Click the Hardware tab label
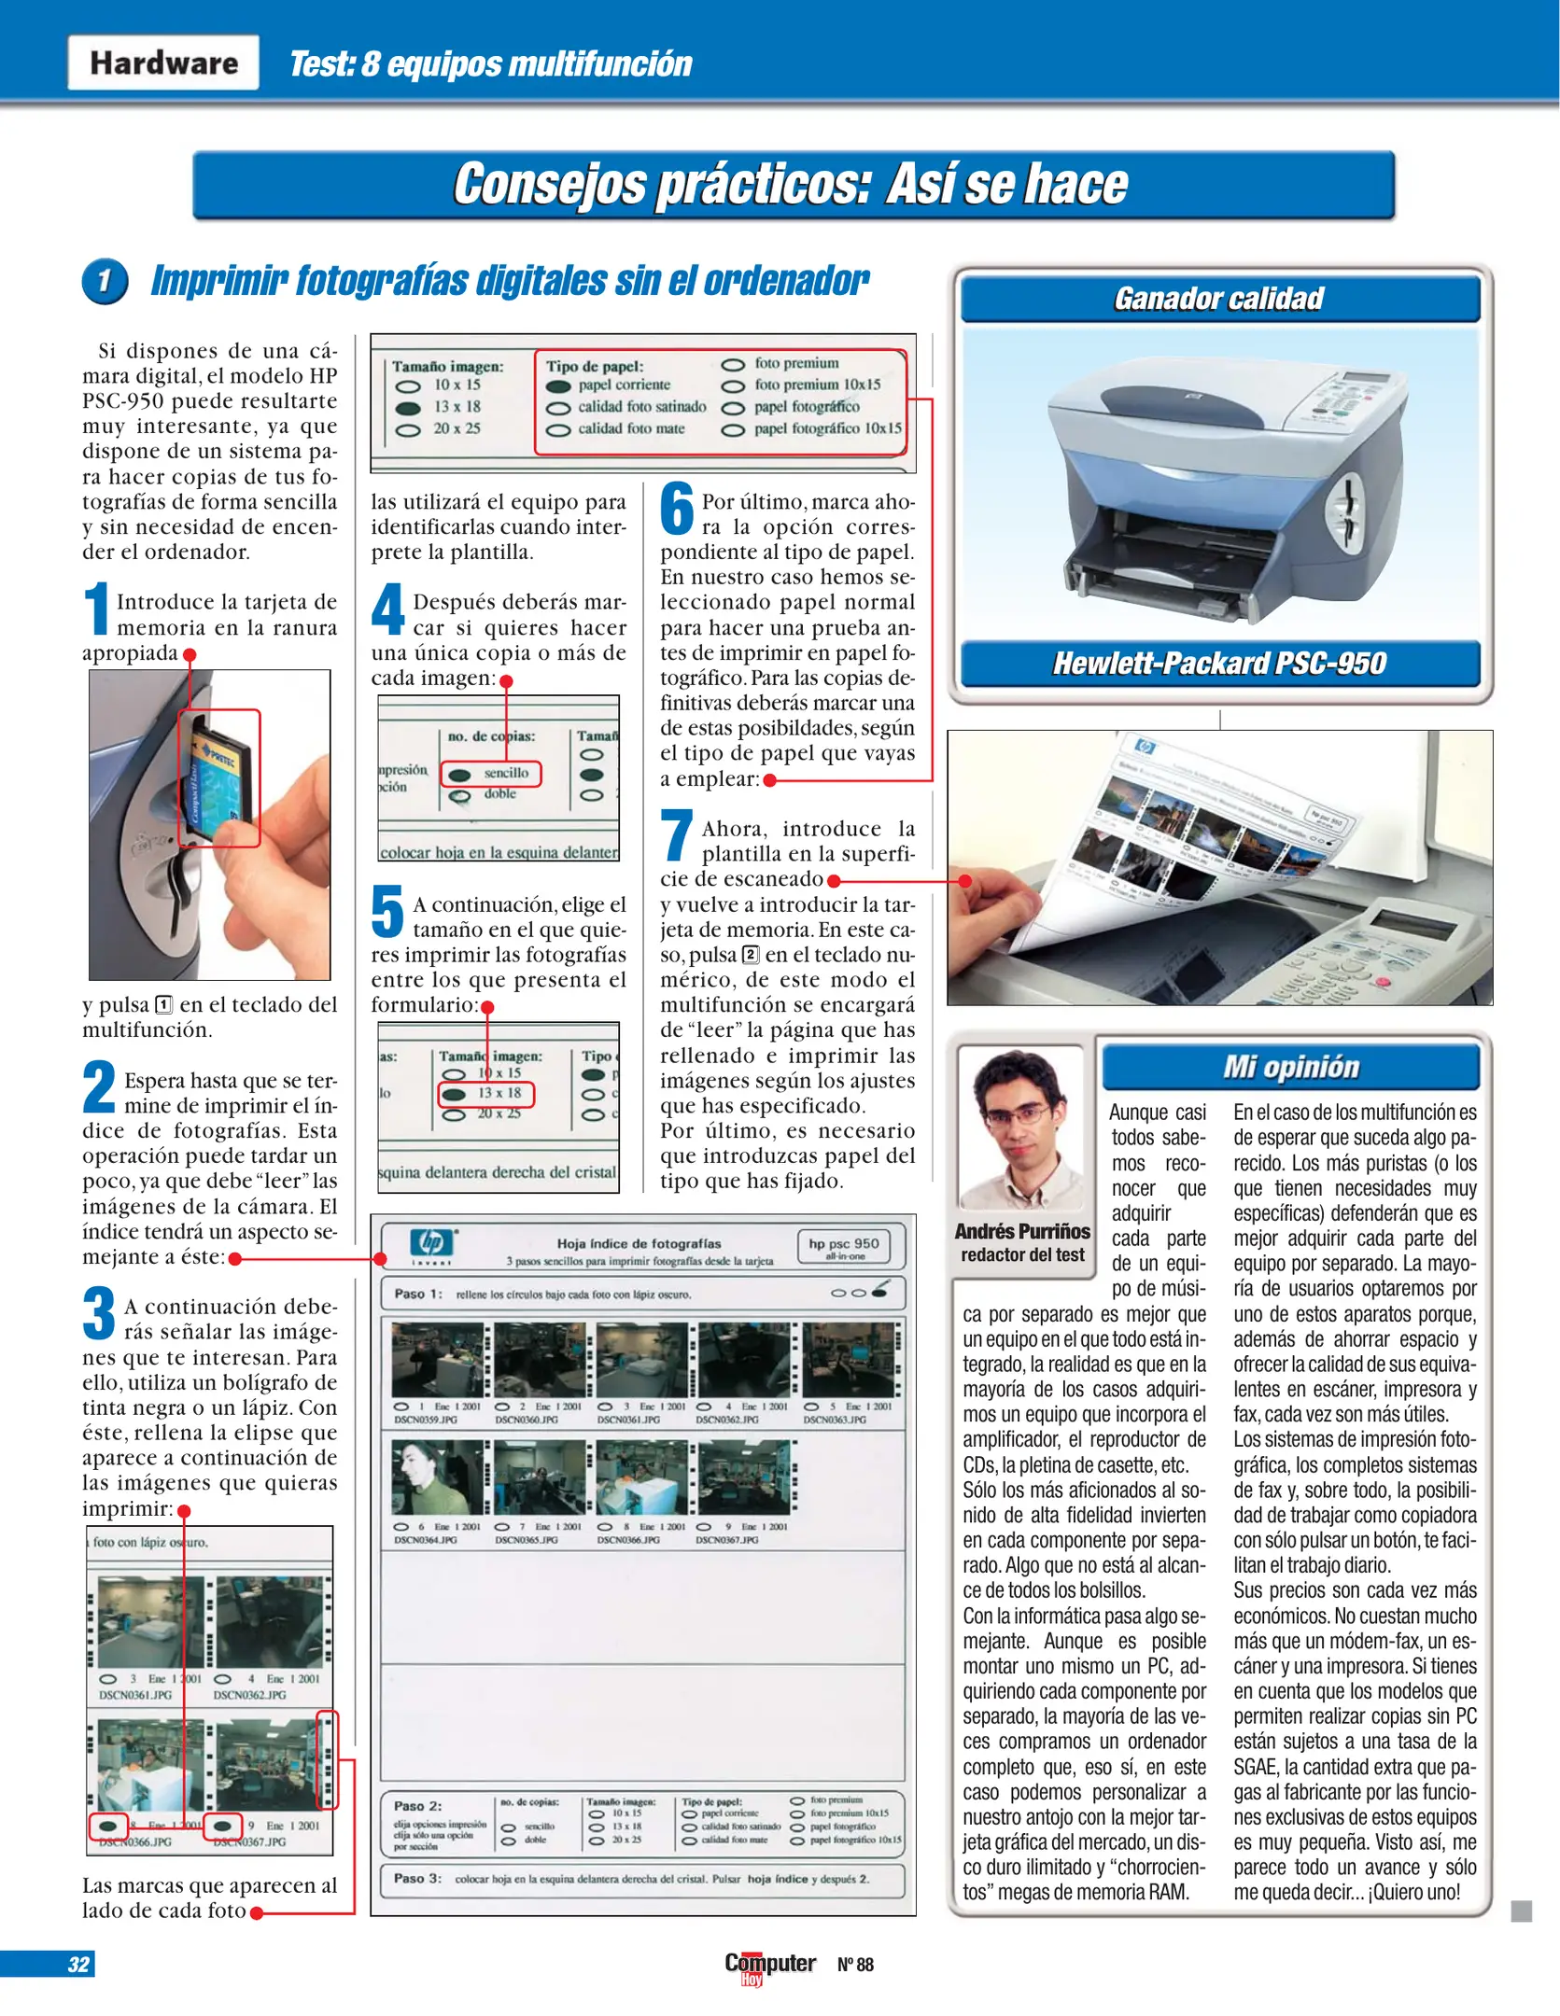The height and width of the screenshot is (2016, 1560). click(163, 63)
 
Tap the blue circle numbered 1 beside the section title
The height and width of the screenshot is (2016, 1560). click(105, 281)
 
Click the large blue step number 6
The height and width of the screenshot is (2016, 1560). click(677, 511)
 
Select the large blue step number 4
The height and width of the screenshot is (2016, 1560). click(387, 609)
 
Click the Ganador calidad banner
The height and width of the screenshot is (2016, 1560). click(1219, 299)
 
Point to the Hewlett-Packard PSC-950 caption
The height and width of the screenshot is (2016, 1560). click(1219, 664)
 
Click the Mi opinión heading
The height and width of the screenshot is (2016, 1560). click(1291, 1067)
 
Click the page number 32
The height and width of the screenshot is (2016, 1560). click(78, 1964)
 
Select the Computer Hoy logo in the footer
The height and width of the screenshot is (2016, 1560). click(769, 1965)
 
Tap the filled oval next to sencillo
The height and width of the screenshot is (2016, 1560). click(459, 775)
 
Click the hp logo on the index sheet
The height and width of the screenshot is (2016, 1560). click(432, 1242)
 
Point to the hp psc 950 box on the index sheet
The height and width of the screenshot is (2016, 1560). click(844, 1246)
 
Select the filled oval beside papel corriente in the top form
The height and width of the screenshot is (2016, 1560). click(558, 385)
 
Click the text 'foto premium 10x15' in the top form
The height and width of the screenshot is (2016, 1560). click(817, 385)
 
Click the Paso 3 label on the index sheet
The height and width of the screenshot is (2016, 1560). click(417, 1878)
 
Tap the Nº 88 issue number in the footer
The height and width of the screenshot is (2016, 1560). click(855, 1965)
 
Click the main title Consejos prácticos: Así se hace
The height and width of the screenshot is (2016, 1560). click(792, 184)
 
